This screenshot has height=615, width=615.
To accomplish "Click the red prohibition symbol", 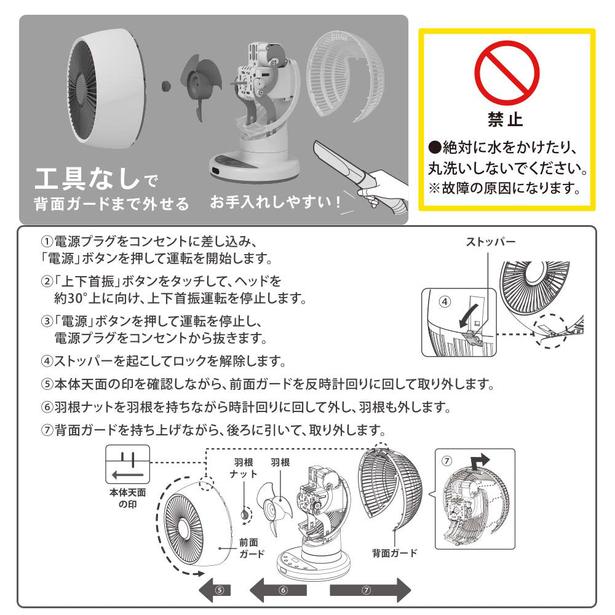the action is coord(507,73).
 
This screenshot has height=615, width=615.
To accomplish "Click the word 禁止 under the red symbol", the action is coord(506,119).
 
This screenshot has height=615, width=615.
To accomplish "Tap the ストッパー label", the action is coord(490,242).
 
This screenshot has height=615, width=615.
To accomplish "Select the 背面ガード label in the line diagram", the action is coord(395,553).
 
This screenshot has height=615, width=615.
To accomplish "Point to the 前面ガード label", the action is coord(252,548).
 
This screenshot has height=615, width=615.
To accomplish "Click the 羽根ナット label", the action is coord(244,468).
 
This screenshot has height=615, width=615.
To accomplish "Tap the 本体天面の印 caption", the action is coord(127,498).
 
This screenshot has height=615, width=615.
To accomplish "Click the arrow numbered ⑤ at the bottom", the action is coord(215,590).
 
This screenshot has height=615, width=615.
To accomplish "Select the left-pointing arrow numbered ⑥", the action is coord(279,590).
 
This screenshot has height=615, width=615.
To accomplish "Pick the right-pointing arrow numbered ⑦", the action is coord(370,590).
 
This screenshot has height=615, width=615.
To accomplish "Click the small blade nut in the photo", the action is coord(166,85).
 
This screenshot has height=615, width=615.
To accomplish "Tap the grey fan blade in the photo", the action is coord(201,87).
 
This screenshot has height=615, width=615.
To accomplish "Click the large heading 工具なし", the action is coord(87,178).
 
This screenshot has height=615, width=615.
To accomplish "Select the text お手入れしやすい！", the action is coord(276,202).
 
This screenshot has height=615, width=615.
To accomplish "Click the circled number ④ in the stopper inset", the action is coord(445,301).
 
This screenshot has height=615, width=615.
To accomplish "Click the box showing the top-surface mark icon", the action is coord(127,464).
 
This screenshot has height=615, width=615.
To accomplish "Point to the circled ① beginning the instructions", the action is coord(47,241).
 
